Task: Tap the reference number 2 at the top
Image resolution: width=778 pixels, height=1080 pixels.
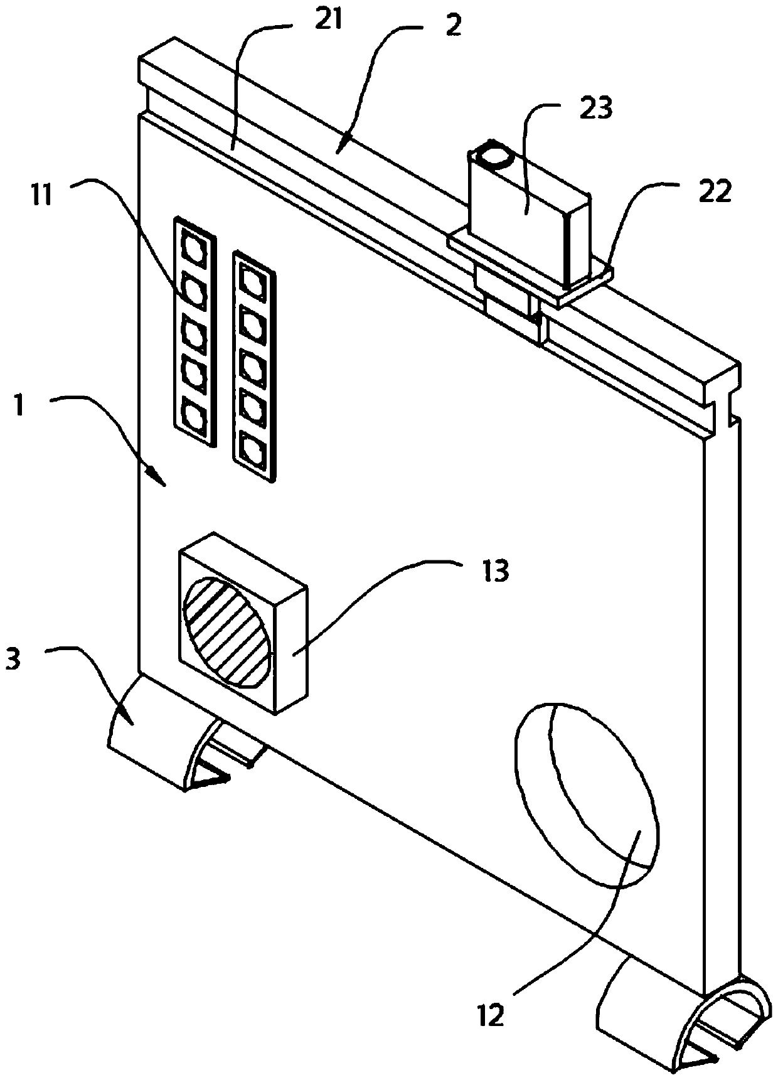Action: [x=452, y=26]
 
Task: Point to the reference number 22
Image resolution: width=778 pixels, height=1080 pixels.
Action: [x=716, y=193]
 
